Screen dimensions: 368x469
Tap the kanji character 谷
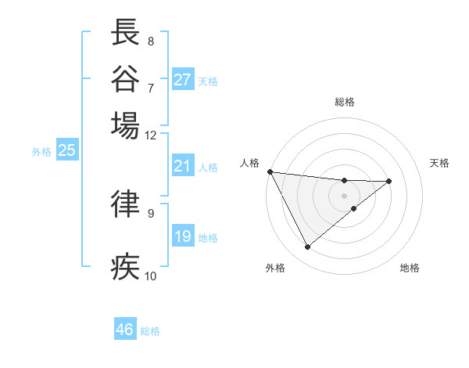(x=126, y=78)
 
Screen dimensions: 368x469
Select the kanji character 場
(x=126, y=124)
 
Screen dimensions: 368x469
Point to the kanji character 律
(x=126, y=203)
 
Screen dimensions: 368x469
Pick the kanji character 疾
(x=126, y=266)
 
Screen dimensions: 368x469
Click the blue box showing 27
(x=183, y=80)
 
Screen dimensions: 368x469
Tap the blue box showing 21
(x=183, y=166)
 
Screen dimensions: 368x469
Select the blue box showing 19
(x=183, y=236)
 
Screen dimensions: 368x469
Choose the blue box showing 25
(x=66, y=150)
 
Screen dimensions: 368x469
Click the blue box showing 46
(x=125, y=330)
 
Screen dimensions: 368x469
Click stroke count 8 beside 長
(x=150, y=41)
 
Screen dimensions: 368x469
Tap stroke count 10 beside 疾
(x=150, y=276)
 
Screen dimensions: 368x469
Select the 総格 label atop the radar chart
(x=344, y=103)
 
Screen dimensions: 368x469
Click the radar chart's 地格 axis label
(x=410, y=269)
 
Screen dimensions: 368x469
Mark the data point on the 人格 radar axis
(x=270, y=171)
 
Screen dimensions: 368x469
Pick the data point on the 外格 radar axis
(x=307, y=247)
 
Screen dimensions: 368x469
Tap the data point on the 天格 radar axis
(x=389, y=181)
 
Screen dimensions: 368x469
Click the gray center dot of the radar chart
(x=344, y=195)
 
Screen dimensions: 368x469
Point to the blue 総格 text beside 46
(x=150, y=331)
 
